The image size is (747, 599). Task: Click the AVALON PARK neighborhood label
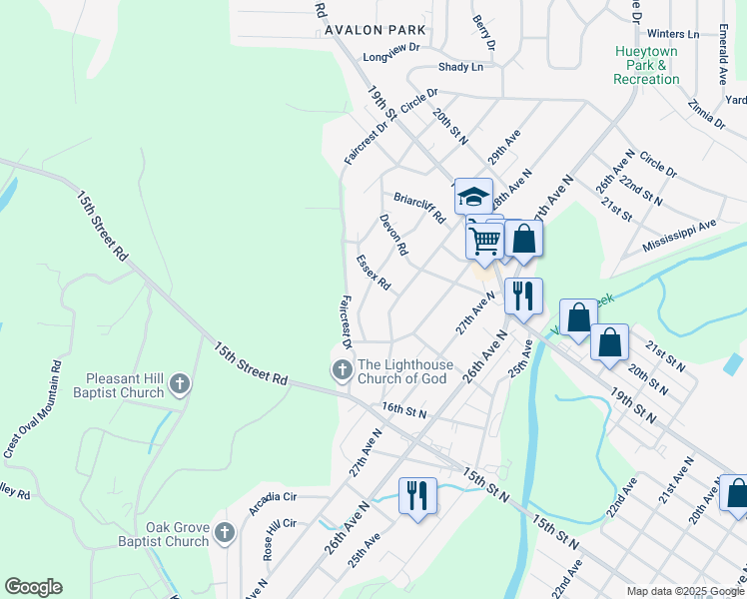tap(374, 31)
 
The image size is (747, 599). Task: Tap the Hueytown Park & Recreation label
tap(646, 64)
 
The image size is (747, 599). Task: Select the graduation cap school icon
tap(473, 196)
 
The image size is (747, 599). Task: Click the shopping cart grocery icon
tap(484, 240)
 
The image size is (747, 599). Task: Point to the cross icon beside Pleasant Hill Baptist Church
tap(180, 383)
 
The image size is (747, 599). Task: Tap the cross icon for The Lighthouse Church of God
tap(343, 371)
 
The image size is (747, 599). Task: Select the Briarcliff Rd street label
tap(419, 207)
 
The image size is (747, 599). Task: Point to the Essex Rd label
tap(373, 273)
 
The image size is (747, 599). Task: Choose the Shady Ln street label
tap(460, 67)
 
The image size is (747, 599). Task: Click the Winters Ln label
tap(679, 33)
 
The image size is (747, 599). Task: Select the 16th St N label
tap(403, 411)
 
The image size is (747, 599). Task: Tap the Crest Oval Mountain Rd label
tap(32, 410)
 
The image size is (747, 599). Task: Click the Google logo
tap(33, 587)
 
